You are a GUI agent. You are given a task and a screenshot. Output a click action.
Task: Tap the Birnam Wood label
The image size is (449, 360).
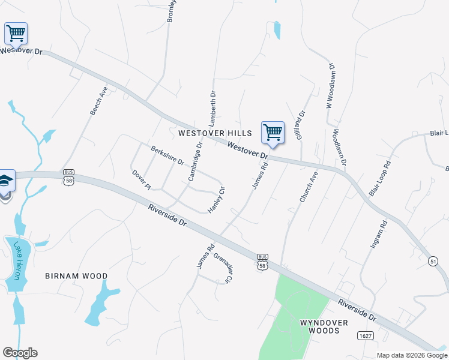(x=76, y=277)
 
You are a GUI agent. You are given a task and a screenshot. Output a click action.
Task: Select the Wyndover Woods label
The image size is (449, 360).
(x=324, y=326)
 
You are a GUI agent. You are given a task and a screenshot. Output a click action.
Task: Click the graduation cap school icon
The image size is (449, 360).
(x=5, y=181)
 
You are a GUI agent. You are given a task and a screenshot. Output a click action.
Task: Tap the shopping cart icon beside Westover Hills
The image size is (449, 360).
(x=273, y=132)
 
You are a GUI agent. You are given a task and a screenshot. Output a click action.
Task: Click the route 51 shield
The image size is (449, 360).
(x=433, y=261)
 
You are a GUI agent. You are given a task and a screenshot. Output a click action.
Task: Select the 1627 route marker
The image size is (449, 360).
(x=365, y=334)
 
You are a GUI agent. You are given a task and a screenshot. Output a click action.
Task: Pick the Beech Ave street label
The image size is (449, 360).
(x=98, y=101)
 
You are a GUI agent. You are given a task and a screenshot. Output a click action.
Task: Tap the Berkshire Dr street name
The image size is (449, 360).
(x=167, y=155)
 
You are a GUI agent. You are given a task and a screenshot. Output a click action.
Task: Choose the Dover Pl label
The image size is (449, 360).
(x=142, y=179)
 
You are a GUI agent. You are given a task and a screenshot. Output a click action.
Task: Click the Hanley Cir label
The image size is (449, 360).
(x=216, y=199)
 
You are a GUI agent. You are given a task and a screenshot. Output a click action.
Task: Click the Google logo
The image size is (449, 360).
(x=20, y=353)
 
